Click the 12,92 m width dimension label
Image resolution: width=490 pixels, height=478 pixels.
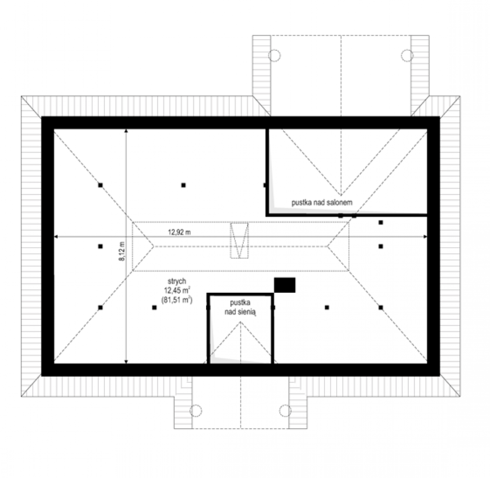coord(179,232)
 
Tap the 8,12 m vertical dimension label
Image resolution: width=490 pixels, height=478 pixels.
coord(122,251)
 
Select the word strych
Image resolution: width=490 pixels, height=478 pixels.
coord(177,282)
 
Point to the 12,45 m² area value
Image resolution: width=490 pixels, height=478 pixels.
coord(177,290)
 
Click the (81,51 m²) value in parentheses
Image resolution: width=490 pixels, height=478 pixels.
coord(177,300)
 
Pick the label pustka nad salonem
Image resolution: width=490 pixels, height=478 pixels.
coord(322,202)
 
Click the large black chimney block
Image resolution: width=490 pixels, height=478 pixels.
coord(285,285)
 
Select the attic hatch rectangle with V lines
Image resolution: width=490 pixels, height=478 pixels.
coord(239,240)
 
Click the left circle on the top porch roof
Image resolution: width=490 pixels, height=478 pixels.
coord(275,55)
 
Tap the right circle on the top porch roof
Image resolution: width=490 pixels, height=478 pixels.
coord(407,55)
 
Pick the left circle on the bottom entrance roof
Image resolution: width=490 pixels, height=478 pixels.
coord(196,411)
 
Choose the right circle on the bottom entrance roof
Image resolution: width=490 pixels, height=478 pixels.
coord(285,411)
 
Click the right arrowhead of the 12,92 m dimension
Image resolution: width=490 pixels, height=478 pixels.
coord(425,237)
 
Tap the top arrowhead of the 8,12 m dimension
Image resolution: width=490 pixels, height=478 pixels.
coord(126,131)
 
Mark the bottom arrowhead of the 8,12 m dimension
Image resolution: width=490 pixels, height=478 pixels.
coord(126,362)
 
